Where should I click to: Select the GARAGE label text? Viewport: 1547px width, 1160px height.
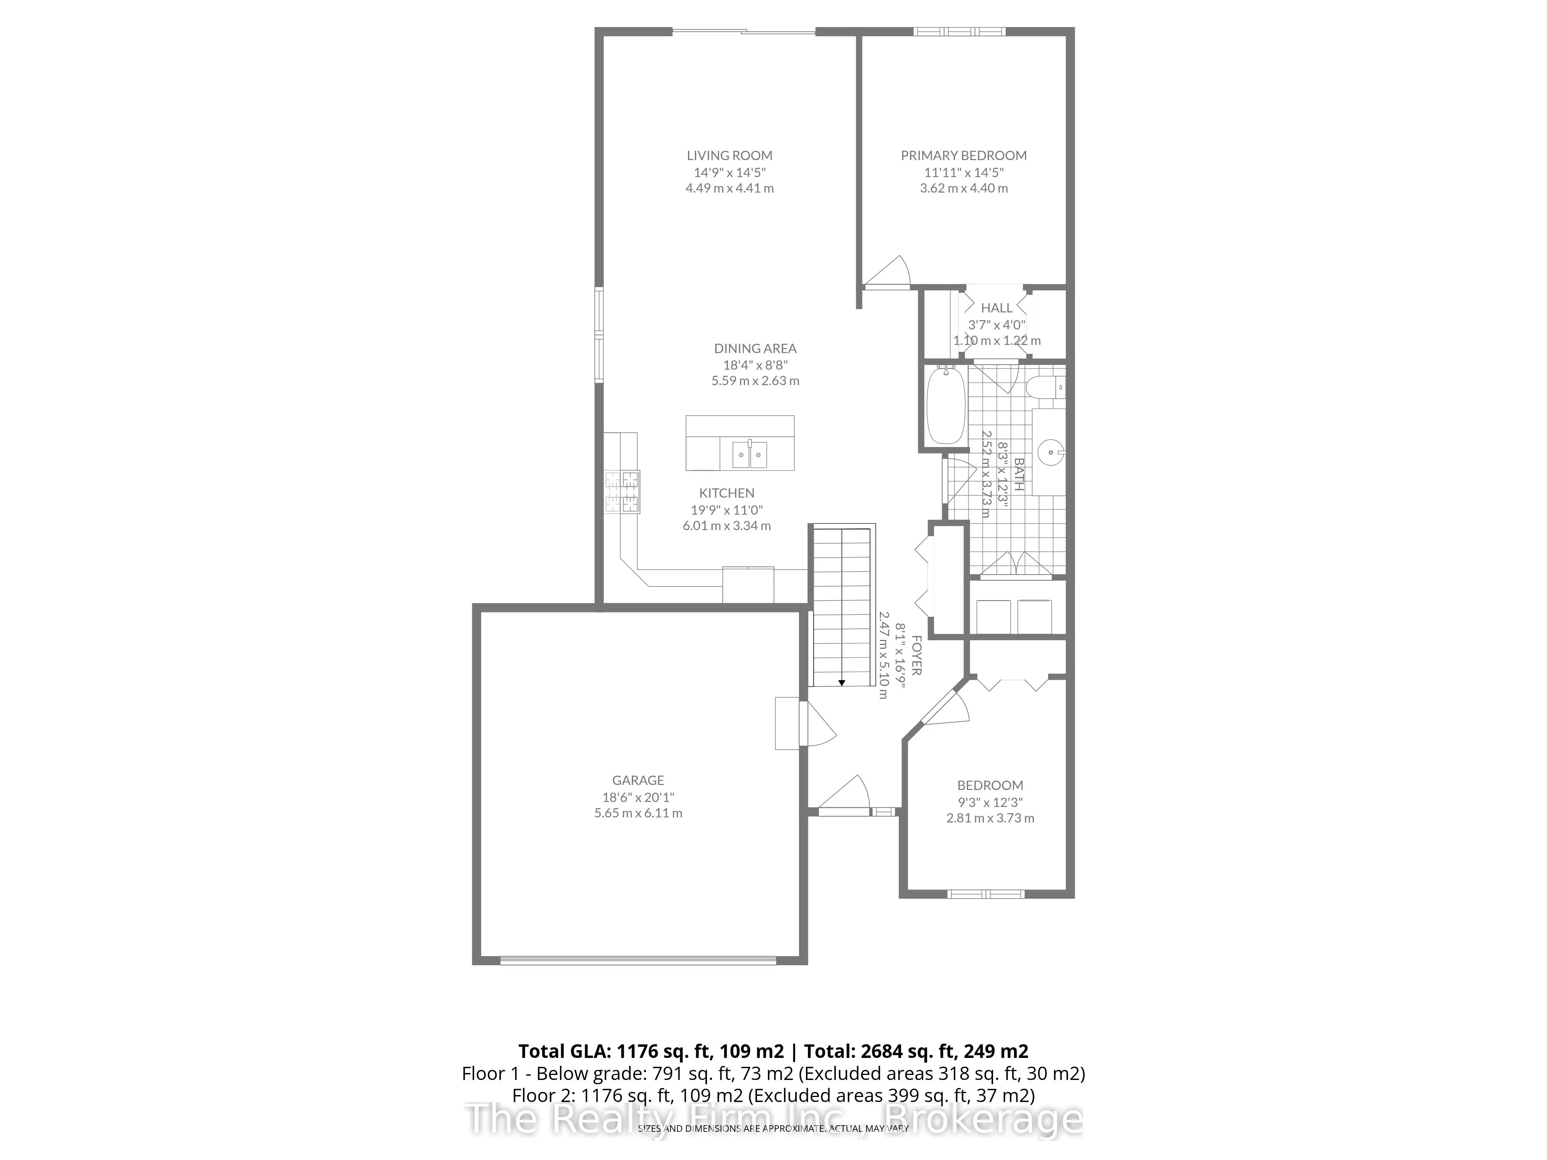[x=638, y=780]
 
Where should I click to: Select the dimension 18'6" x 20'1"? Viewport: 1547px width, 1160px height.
[x=638, y=797]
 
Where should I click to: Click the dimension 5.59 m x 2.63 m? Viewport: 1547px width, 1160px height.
[x=755, y=381]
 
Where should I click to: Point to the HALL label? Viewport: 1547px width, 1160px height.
[x=996, y=308]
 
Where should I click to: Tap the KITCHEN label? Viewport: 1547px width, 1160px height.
[x=727, y=493]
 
